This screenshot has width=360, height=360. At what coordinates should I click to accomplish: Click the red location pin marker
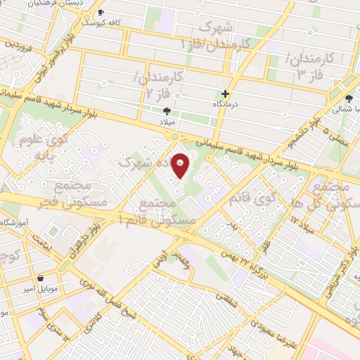click(181, 165)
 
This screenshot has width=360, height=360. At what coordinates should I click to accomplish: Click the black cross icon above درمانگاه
click(226, 94)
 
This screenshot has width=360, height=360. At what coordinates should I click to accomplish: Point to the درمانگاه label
click(226, 104)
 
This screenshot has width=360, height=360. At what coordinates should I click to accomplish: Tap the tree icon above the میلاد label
click(167, 111)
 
